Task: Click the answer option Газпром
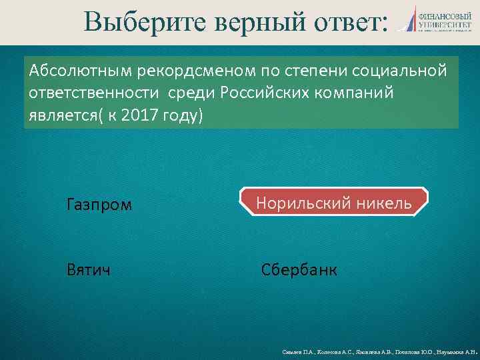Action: pos(99,204)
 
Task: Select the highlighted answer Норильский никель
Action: pos(333,202)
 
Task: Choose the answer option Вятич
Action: pos(89,270)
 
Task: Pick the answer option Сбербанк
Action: pos(299,270)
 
